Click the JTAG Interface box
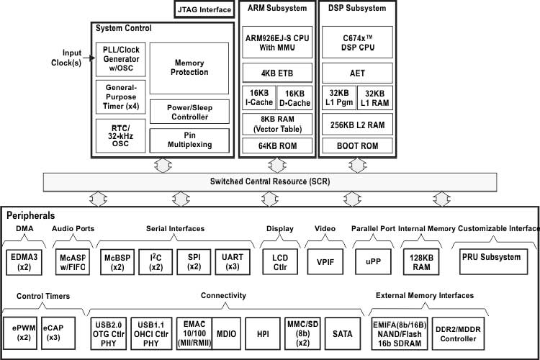(204, 9)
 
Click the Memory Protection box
(189, 68)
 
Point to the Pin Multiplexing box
(189, 139)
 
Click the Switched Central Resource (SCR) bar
(270, 181)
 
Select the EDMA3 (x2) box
(24, 261)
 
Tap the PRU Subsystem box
(490, 257)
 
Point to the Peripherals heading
(31, 215)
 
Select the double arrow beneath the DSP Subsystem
(351, 164)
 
